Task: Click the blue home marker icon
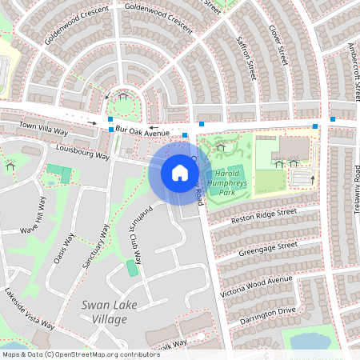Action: pos(179,172)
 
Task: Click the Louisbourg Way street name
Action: pos(83,151)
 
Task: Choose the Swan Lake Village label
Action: pos(106,313)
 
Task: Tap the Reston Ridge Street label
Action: pos(263,217)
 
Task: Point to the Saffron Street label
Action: pos(246,56)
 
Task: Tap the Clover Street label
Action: pos(278,44)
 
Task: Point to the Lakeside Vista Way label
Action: pos(27,309)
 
